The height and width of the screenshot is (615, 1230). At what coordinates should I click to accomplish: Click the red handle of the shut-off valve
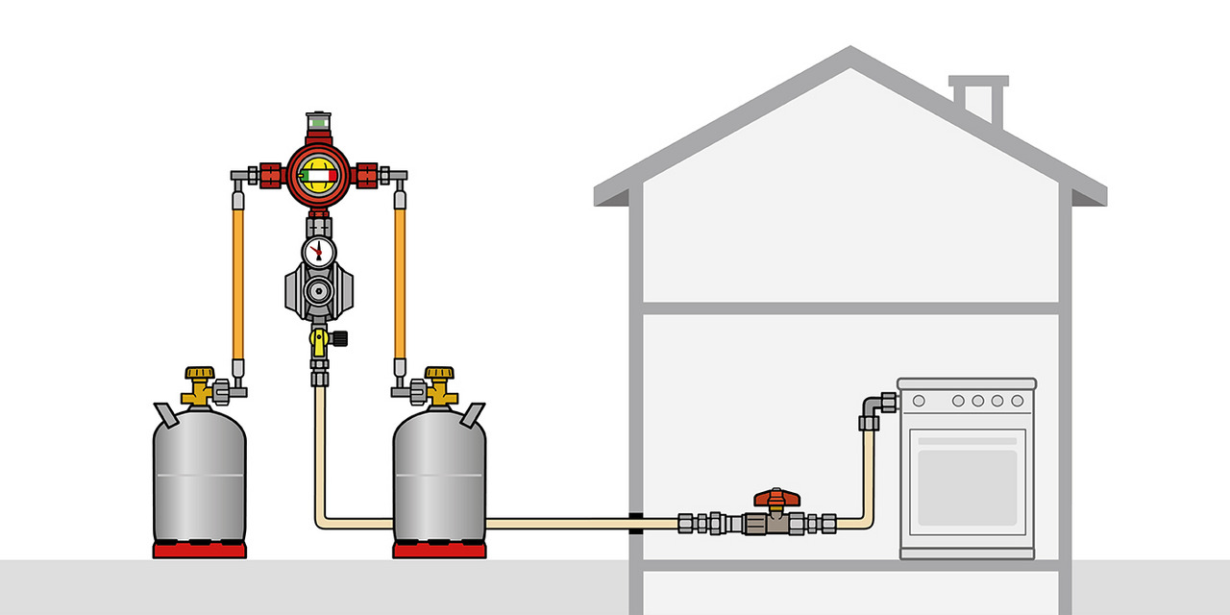tap(776, 498)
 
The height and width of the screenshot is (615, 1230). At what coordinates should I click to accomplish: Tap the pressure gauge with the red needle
tap(318, 252)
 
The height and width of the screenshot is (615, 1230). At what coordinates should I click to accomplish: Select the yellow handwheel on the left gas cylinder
tap(199, 373)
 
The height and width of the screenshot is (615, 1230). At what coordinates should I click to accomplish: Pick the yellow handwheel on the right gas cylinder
tap(439, 373)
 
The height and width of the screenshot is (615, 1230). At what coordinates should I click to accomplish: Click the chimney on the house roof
tap(978, 98)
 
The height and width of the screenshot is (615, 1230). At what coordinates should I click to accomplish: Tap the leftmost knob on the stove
tap(919, 401)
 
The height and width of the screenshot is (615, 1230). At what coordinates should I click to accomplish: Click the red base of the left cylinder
tap(200, 550)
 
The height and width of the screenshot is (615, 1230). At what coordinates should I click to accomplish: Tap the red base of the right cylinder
tap(439, 550)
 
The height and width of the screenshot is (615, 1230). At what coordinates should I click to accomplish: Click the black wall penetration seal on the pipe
tap(636, 523)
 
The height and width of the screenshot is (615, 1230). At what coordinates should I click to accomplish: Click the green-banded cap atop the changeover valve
tap(318, 123)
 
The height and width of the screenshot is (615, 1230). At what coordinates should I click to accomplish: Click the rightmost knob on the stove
tap(1015, 401)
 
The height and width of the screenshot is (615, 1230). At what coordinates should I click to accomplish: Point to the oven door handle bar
tap(967, 441)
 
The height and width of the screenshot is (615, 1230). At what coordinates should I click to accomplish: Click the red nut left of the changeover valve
tap(270, 176)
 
